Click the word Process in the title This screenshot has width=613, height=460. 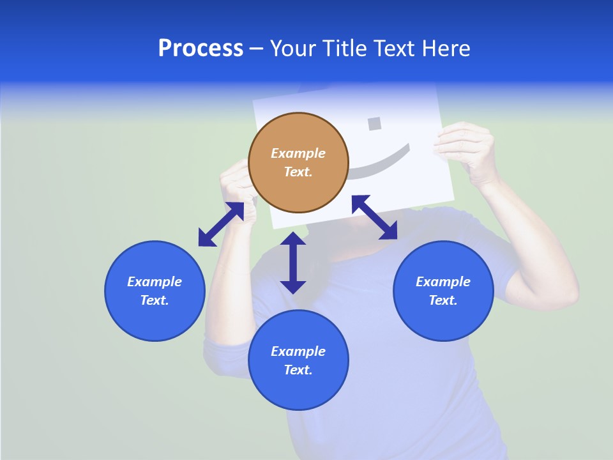201,49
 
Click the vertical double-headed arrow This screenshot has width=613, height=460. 293,263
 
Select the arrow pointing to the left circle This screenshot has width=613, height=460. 221,224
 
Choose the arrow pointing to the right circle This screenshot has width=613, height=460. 375,217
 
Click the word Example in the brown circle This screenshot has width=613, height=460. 298,153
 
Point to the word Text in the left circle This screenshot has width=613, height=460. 154,300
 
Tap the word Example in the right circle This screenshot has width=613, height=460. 443,282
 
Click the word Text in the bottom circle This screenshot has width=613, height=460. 298,370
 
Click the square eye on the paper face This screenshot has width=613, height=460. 375,123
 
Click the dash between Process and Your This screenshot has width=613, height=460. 257,49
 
